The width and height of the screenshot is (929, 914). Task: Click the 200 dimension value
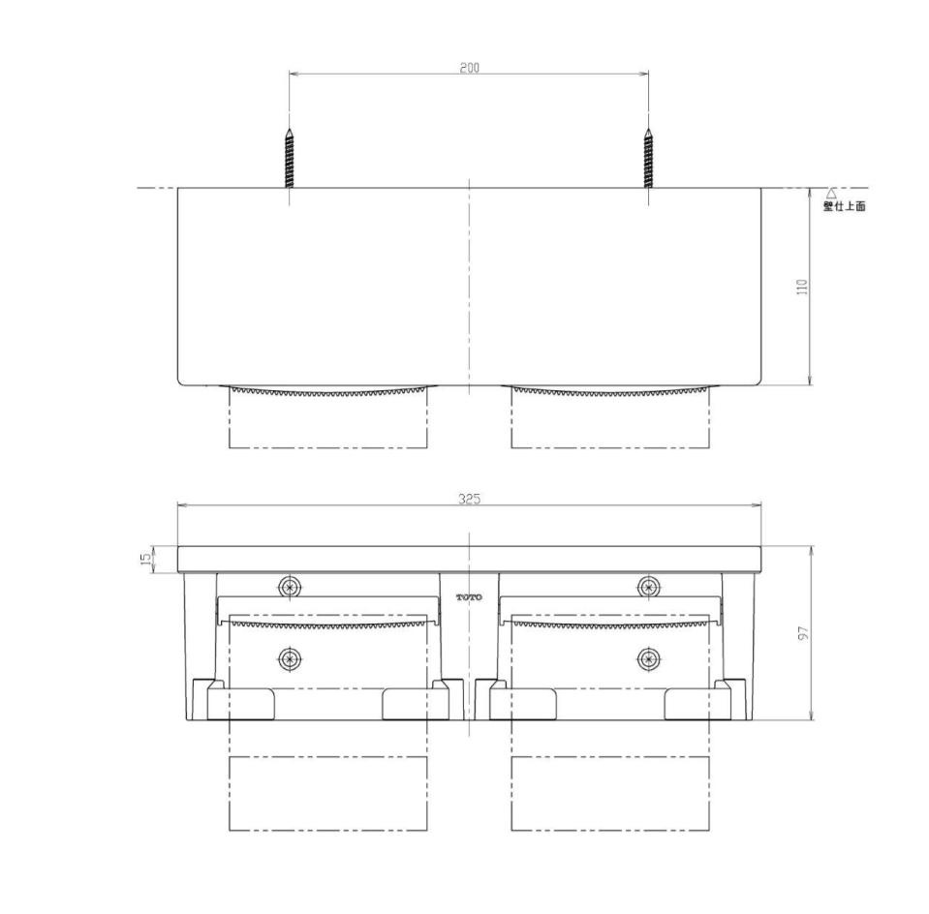pyautogui.click(x=469, y=68)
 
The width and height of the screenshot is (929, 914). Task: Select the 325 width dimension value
pyautogui.click(x=469, y=499)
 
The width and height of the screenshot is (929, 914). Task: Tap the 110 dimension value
pyautogui.click(x=803, y=288)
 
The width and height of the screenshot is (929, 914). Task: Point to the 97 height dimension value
pyautogui.click(x=804, y=633)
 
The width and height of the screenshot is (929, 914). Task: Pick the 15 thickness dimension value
pyautogui.click(x=145, y=560)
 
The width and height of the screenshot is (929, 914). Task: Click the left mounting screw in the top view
pyautogui.click(x=289, y=158)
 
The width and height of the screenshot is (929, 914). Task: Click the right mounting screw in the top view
pyautogui.click(x=649, y=158)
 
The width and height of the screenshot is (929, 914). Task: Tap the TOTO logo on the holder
pyautogui.click(x=469, y=597)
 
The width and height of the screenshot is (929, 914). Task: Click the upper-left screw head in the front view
pyautogui.click(x=290, y=587)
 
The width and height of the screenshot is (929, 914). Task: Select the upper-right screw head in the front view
pyautogui.click(x=649, y=587)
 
